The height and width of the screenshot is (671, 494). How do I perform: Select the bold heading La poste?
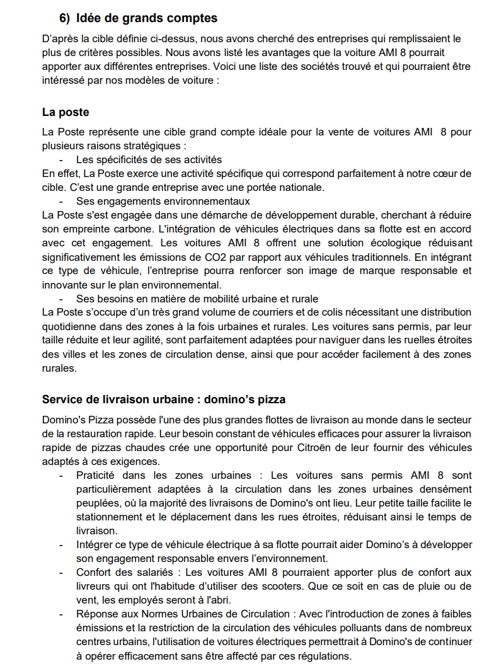(x=66, y=112)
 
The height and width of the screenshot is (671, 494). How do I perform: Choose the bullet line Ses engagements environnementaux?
(x=163, y=201)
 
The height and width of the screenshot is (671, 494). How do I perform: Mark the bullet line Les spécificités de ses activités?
(x=149, y=159)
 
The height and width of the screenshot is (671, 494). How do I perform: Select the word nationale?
(x=299, y=187)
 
